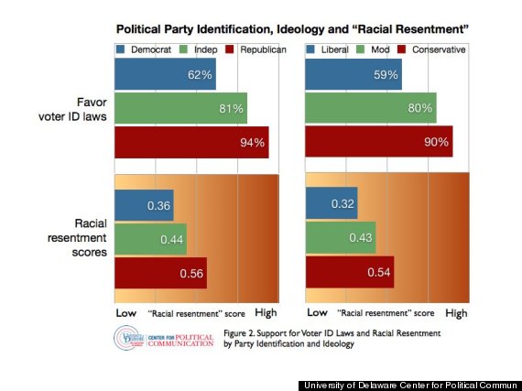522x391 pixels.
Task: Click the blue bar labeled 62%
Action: click(x=165, y=74)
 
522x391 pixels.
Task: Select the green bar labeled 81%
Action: click(x=180, y=109)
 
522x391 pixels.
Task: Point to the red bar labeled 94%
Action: click(x=191, y=143)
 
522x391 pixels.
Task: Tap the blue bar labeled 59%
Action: click(x=353, y=74)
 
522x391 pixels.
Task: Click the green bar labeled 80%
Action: click(x=370, y=109)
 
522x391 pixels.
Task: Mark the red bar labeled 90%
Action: click(x=378, y=143)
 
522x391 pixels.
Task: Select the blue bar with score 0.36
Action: click(x=144, y=206)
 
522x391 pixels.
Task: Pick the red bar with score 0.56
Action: click(x=160, y=273)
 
